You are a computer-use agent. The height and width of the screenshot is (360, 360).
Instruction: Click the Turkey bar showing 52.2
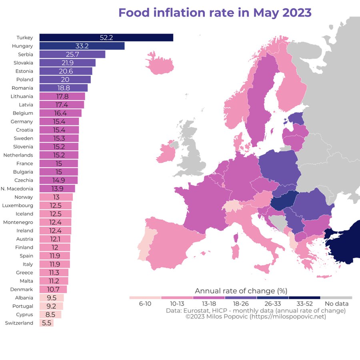(106, 38)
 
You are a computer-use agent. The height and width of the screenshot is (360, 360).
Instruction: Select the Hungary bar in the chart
(82, 46)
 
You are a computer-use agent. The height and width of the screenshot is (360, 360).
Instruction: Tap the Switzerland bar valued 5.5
(46, 323)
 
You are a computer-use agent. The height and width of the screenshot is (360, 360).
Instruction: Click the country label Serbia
(26, 54)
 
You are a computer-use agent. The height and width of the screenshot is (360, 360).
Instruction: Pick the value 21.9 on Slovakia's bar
(68, 63)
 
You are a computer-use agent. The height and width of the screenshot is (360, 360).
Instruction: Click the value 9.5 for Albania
(51, 298)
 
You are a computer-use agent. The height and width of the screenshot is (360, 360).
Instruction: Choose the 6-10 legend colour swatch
(145, 298)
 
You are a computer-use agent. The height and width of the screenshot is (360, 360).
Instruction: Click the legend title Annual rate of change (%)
(241, 291)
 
